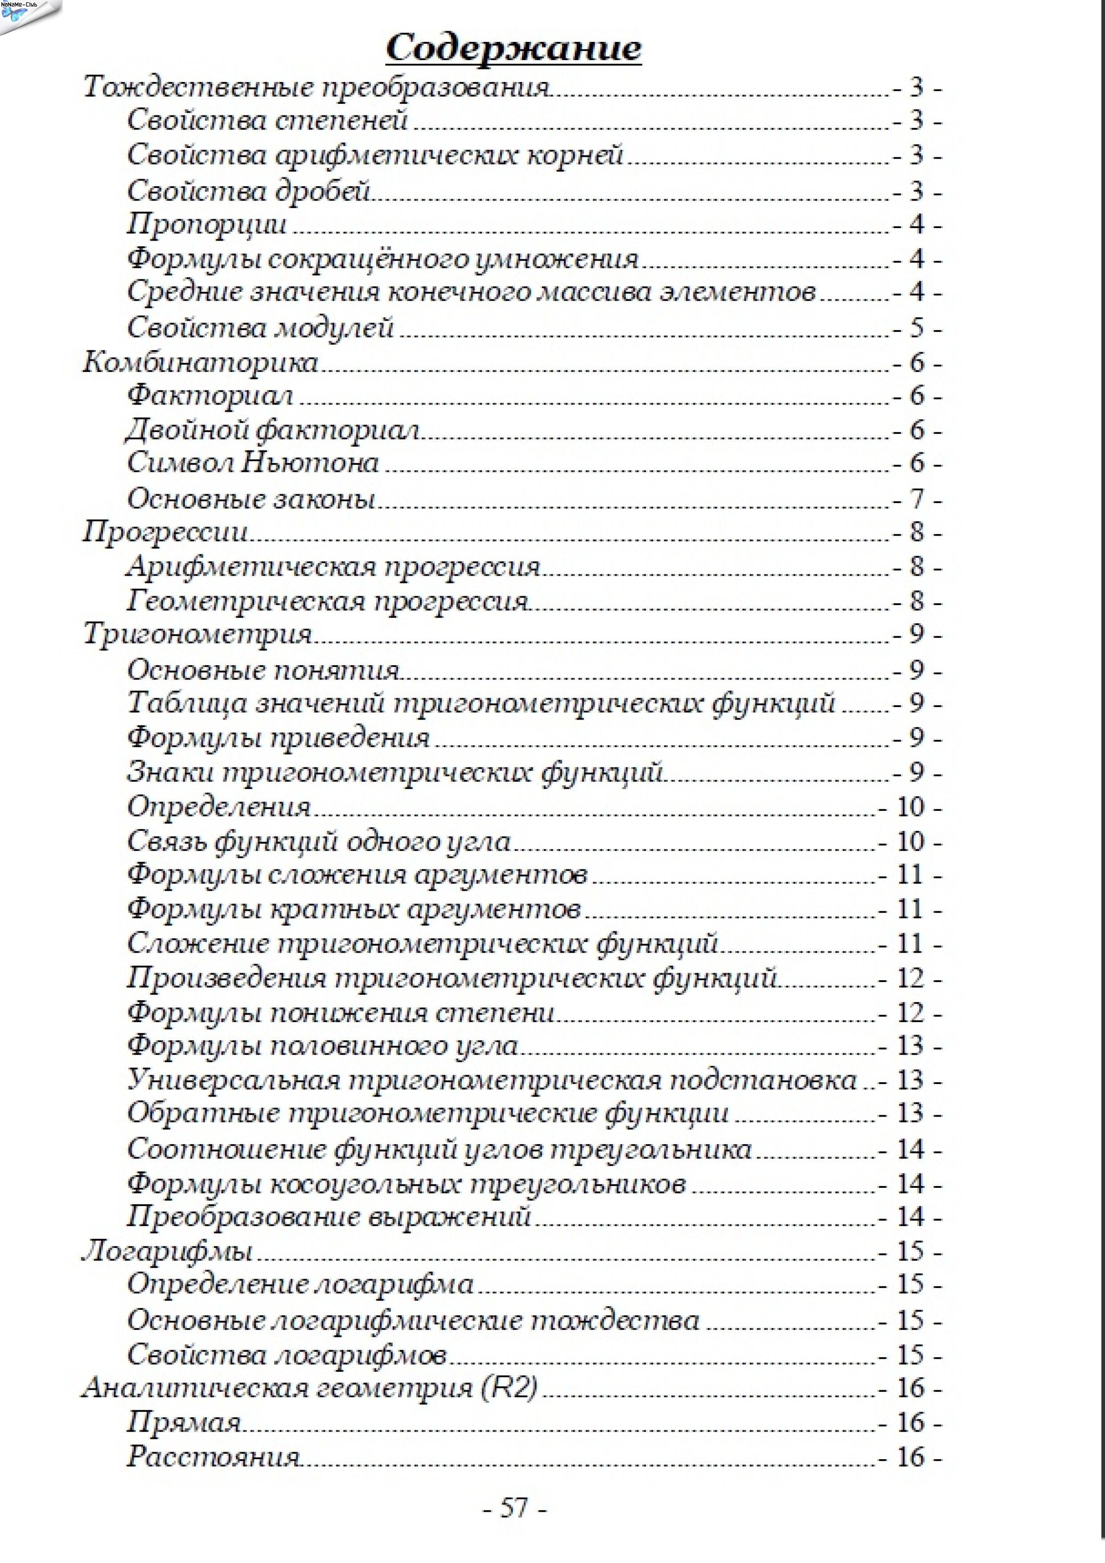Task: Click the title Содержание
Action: [x=513, y=48]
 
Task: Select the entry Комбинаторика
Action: [x=200, y=362]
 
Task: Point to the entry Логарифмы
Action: [x=168, y=1251]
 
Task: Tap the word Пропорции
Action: [x=207, y=225]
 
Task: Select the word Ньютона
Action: [x=311, y=463]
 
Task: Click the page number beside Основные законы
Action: [x=917, y=499]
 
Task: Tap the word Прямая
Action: [x=184, y=1422]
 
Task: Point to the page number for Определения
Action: [x=910, y=807]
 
